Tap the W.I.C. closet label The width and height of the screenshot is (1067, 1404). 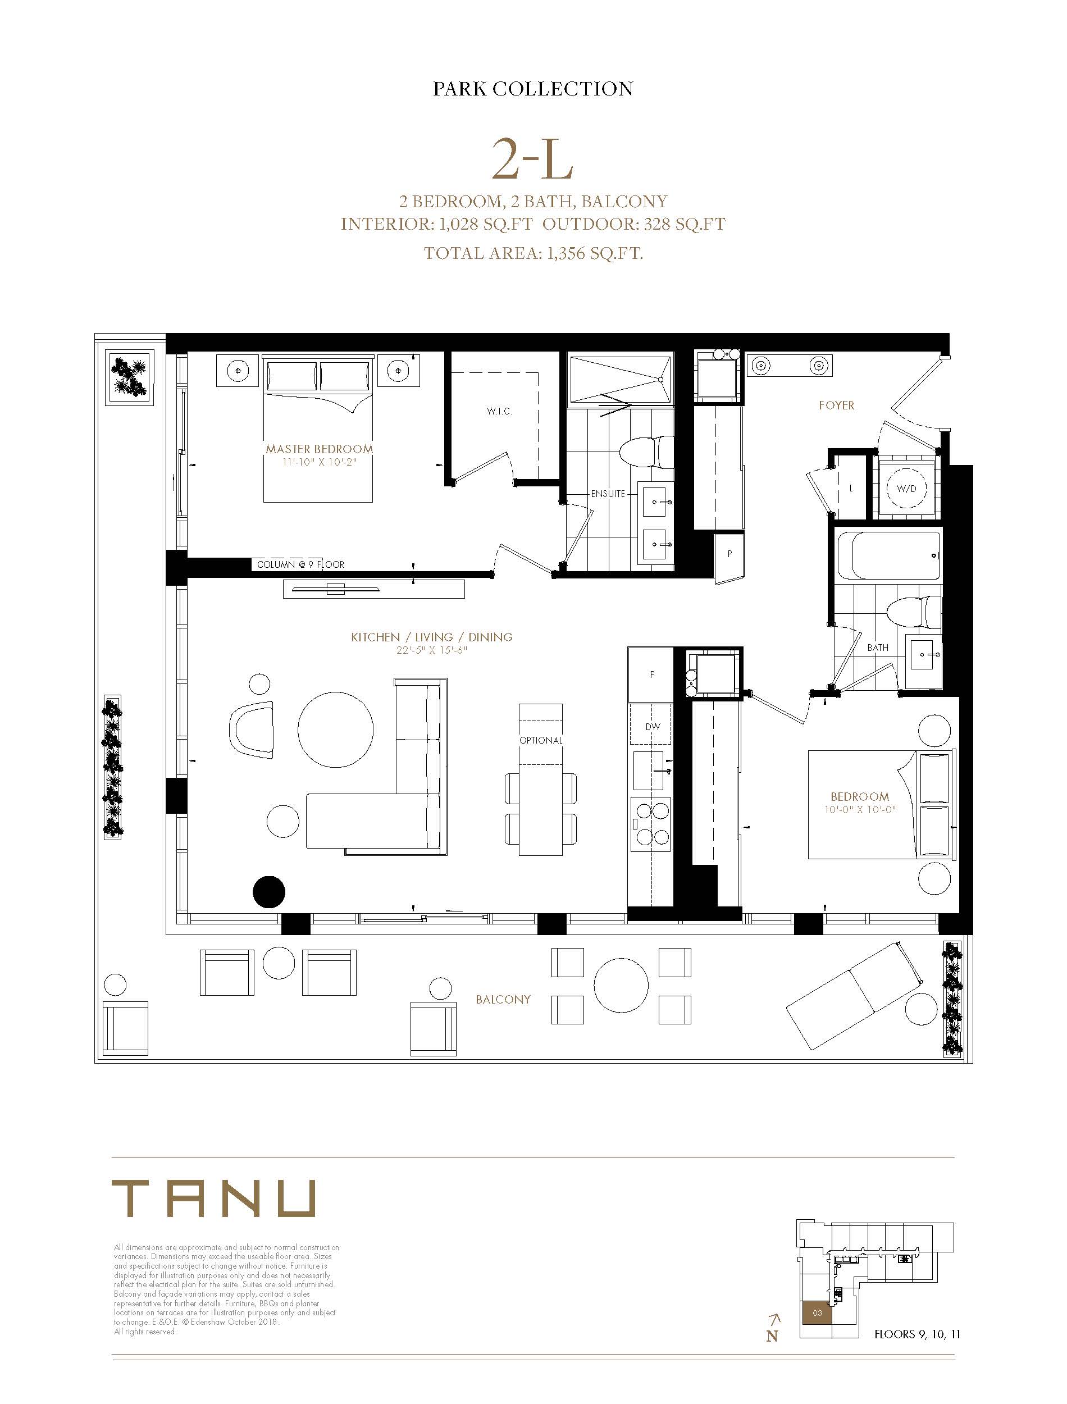[499, 412]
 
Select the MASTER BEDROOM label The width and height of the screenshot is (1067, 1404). [319, 449]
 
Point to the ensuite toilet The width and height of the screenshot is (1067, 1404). [646, 453]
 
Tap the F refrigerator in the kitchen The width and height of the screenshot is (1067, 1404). [650, 674]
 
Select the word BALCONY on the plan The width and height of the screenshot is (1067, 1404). [503, 1000]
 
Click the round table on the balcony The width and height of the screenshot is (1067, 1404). [621, 985]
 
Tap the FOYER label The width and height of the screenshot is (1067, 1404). [836, 405]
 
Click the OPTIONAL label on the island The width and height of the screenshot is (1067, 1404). [540, 740]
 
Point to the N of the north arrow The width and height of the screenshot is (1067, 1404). [772, 1336]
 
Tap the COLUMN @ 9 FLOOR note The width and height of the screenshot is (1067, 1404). [300, 564]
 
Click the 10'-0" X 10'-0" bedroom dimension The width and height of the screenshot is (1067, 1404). [860, 810]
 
